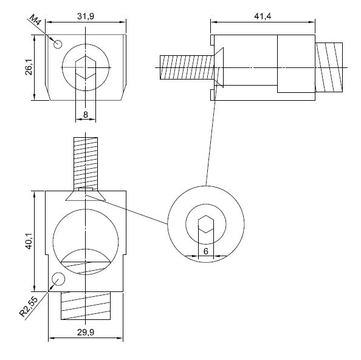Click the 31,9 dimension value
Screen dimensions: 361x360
pyautogui.click(x=86, y=16)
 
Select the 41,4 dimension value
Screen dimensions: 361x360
pyautogui.click(x=263, y=16)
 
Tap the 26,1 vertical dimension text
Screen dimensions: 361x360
pyautogui.click(x=29, y=67)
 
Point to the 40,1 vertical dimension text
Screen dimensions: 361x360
pyautogui.click(x=29, y=241)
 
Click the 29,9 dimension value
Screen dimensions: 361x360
pyautogui.click(x=86, y=332)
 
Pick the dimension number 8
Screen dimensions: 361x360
pyautogui.click(x=86, y=114)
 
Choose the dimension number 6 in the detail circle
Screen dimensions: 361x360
pyautogui.click(x=206, y=251)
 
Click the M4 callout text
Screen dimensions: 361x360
pyautogui.click(x=35, y=20)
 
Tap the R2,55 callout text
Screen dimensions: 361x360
pyautogui.click(x=29, y=307)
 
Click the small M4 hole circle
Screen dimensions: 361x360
pyautogui.click(x=58, y=44)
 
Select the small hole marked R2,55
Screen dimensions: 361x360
pyautogui.click(x=58, y=279)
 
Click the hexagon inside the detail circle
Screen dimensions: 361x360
pyautogui.click(x=206, y=224)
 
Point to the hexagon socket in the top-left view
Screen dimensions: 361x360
pyautogui.click(x=86, y=67)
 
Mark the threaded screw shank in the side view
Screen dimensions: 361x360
pyautogui.click(x=187, y=67)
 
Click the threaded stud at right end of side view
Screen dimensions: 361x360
pyautogui.click(x=329, y=67)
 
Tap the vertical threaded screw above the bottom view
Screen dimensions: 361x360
pyautogui.click(x=86, y=165)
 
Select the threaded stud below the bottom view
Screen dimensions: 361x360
pyautogui.click(x=86, y=306)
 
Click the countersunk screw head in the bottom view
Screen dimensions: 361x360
pyautogui.click(x=86, y=195)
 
